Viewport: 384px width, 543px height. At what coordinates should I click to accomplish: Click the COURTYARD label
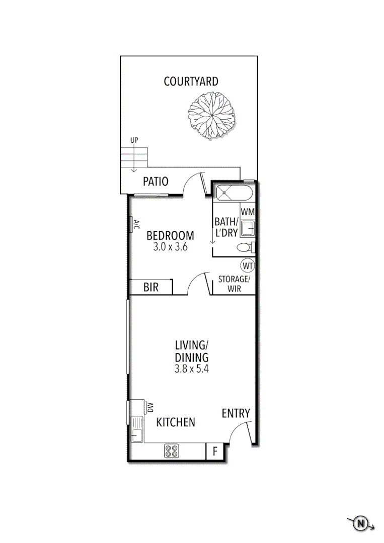(191, 81)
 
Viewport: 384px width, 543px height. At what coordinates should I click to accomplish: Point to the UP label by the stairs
(134, 140)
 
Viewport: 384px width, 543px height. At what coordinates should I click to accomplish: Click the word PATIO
(156, 182)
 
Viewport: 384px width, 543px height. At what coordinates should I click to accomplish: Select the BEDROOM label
(170, 235)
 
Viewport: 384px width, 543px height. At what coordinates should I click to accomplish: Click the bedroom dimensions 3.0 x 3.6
(170, 247)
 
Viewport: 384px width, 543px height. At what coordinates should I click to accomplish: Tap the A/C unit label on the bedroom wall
(135, 225)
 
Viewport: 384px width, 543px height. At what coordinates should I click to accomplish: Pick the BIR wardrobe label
(151, 288)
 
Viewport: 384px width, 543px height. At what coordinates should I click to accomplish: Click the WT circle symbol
(247, 265)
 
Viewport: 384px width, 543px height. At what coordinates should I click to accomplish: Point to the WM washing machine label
(247, 212)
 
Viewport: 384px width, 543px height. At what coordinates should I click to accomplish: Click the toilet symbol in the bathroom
(245, 247)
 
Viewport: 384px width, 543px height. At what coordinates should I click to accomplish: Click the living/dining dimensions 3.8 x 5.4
(191, 368)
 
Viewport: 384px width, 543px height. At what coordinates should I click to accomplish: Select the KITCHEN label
(176, 422)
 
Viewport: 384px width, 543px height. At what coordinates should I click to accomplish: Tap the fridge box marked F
(214, 451)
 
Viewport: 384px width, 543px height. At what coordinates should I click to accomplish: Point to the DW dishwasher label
(150, 407)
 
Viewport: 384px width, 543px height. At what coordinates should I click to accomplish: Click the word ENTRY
(236, 413)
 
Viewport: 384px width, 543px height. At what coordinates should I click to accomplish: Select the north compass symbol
(360, 524)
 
